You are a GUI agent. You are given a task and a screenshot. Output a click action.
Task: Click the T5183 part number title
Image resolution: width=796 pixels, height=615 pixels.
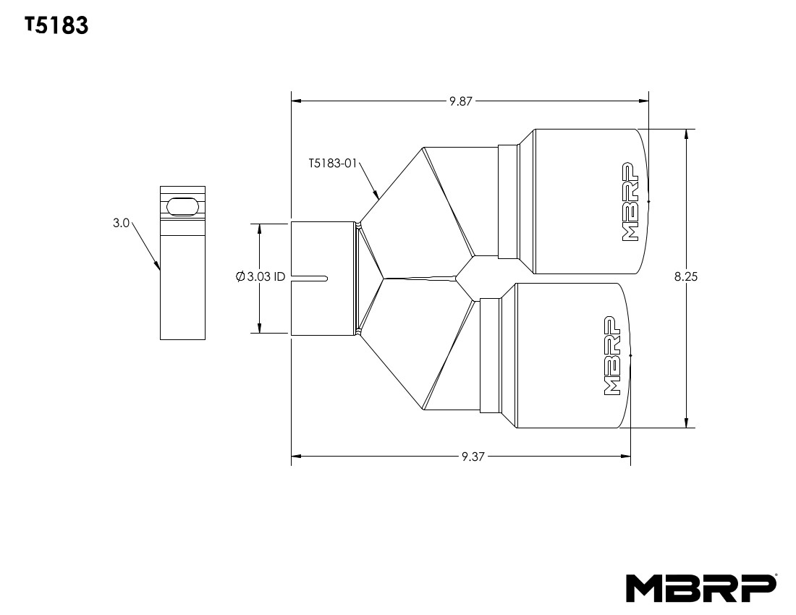click(x=56, y=26)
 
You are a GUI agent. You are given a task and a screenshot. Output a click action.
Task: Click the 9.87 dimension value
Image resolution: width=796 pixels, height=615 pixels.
click(x=460, y=101)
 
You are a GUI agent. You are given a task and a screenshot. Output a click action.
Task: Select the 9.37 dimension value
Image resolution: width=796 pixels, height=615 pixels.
click(x=473, y=457)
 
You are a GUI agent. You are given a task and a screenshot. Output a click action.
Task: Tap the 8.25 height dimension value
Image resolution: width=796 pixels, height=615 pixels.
click(x=685, y=276)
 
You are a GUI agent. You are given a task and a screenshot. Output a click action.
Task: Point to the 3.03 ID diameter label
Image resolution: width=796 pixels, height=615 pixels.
click(x=261, y=276)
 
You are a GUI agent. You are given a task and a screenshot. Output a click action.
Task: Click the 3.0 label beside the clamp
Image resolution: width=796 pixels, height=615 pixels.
click(x=120, y=224)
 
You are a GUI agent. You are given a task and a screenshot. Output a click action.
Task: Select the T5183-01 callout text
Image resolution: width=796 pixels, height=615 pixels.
click(x=332, y=164)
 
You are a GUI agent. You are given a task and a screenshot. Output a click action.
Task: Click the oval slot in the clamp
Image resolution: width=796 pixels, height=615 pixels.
click(x=182, y=206)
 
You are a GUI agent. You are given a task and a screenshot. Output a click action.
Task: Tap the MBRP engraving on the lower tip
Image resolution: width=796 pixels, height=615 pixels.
click(x=611, y=355)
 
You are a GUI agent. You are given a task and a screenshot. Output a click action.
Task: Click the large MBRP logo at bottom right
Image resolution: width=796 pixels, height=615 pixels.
click(x=701, y=588)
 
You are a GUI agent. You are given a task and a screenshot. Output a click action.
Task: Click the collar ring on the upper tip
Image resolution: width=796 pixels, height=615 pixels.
click(x=509, y=200)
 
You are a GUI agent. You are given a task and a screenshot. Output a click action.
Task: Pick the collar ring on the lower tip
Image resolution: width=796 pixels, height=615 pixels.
click(x=490, y=355)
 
